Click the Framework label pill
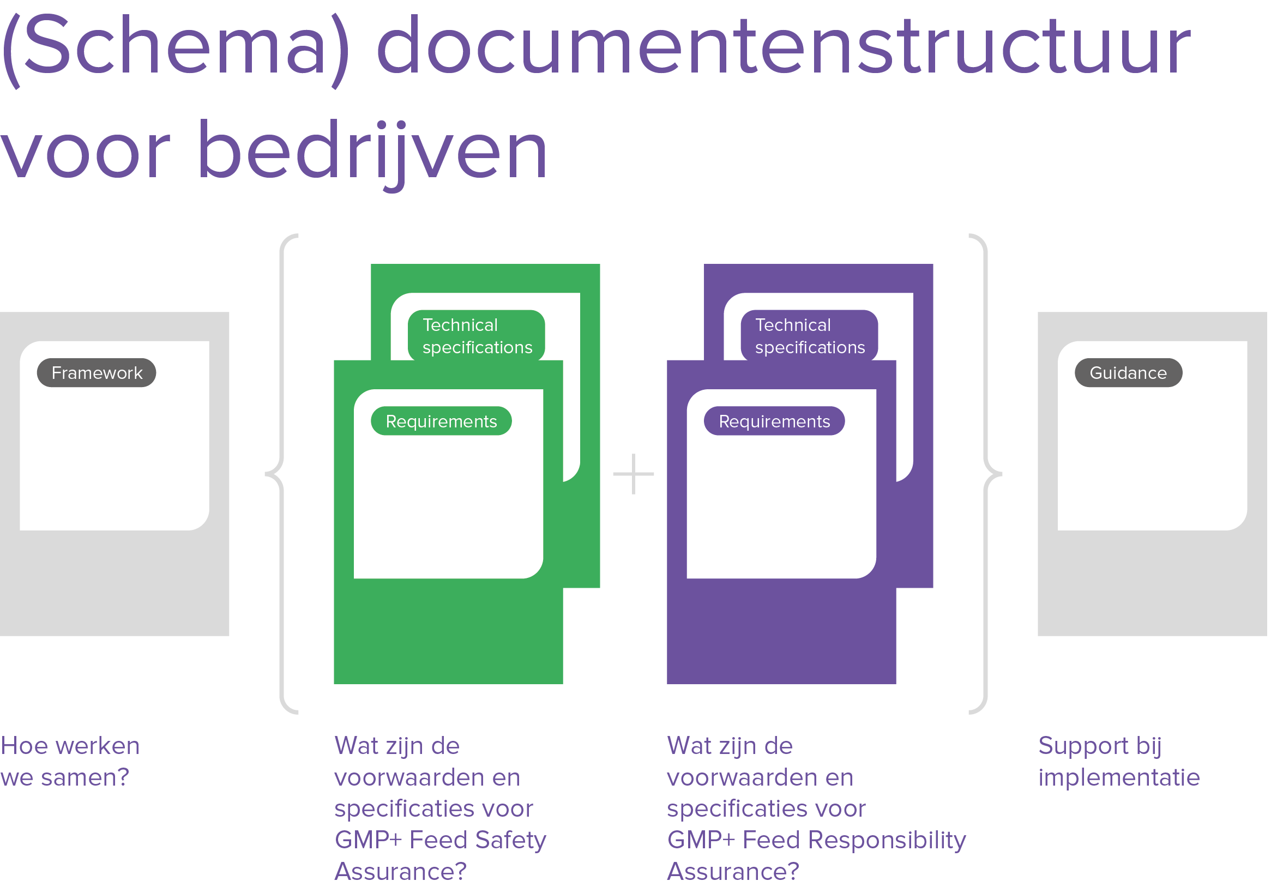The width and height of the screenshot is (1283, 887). tap(96, 373)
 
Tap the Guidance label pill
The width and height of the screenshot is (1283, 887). tap(1128, 373)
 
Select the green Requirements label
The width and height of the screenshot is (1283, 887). tap(441, 421)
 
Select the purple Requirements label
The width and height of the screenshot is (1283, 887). tap(774, 421)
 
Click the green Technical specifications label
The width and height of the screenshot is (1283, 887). tap(477, 336)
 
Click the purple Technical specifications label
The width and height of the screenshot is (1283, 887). tap(809, 336)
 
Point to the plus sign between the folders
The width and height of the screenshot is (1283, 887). tap(633, 474)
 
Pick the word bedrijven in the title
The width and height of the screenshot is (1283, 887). tap(372, 151)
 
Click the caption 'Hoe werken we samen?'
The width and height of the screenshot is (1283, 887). tap(69, 762)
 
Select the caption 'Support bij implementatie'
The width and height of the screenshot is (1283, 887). tap(1118, 762)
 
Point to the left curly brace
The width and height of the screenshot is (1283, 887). tap(281, 474)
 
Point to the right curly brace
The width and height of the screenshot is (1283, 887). tap(987, 474)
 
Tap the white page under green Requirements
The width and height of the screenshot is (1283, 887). tap(448, 506)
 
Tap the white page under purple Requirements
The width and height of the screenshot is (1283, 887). tap(781, 506)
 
